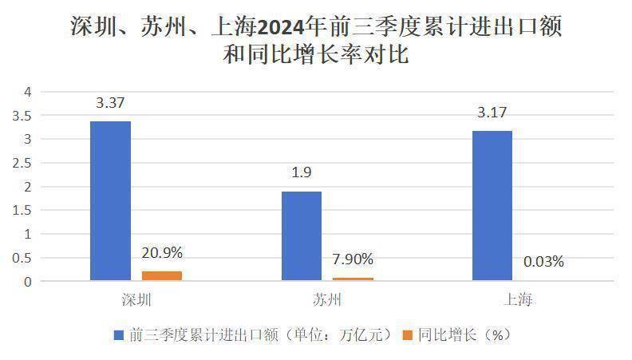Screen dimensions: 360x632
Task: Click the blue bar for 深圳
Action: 110,201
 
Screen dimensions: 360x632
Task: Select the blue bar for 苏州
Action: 301,236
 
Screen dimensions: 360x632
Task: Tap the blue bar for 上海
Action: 492,206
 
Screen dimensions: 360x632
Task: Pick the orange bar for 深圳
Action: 161,276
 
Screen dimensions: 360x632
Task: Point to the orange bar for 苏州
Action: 352,279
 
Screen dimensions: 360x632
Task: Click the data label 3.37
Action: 110,103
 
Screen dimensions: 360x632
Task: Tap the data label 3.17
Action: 492,113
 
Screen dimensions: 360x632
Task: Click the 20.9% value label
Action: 161,253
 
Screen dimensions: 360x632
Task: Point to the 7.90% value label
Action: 352,259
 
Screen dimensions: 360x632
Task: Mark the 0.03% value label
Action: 543,261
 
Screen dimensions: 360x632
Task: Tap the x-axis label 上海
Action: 517,300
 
